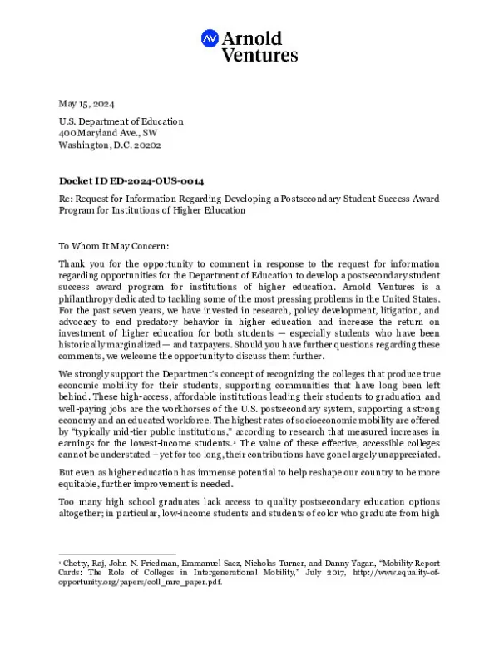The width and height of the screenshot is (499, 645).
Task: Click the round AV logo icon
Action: (210, 38)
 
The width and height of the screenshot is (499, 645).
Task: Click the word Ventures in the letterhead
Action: (259, 56)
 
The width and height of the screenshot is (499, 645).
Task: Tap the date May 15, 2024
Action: (86, 104)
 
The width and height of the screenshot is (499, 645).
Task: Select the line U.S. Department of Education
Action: (121, 121)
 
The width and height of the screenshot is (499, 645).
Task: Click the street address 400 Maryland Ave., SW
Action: (107, 133)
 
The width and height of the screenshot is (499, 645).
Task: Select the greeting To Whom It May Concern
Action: (113, 246)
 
